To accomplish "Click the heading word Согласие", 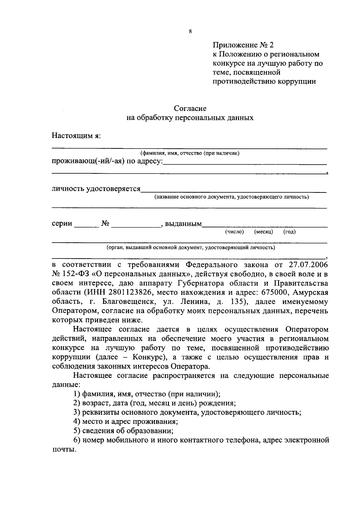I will click(190, 108).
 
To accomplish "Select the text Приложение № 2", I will click(243, 45).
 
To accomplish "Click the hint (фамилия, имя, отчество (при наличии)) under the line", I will click(190, 154).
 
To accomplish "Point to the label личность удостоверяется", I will click(96, 189).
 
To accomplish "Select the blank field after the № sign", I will click(136, 224).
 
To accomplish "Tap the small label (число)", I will click(234, 232).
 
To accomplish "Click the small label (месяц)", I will click(263, 232).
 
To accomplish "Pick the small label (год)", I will click(289, 232).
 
